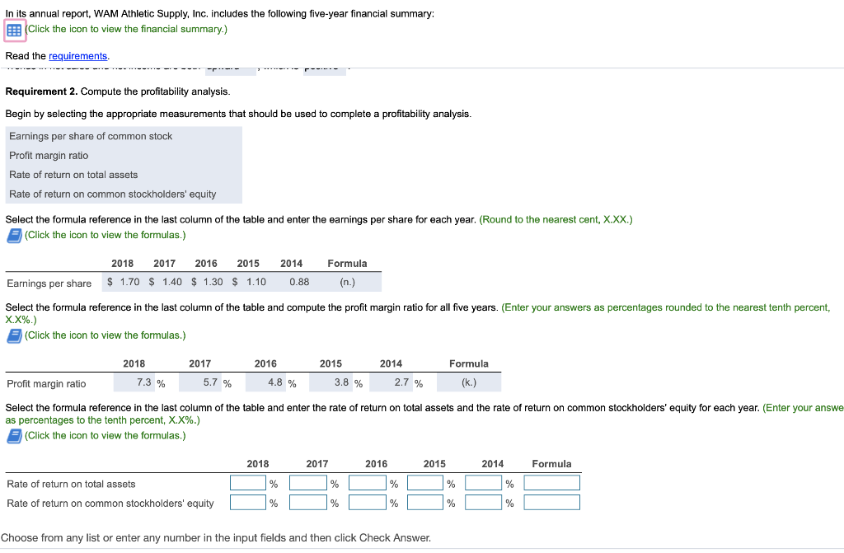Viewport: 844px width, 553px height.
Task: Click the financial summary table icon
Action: [14, 30]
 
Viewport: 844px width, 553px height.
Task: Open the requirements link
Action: [78, 56]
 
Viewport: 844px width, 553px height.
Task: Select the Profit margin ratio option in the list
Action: [49, 156]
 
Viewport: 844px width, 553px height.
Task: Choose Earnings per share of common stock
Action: [91, 136]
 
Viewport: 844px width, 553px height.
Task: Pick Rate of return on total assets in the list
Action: [73, 175]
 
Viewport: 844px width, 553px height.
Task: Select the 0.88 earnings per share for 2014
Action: [299, 283]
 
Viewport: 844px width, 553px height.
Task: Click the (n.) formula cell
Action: [347, 283]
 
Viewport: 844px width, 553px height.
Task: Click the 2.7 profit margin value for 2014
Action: [402, 383]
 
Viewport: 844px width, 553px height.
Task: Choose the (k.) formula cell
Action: [469, 383]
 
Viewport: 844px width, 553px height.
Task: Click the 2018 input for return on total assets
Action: [248, 483]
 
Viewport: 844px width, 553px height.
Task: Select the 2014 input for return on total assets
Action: [483, 483]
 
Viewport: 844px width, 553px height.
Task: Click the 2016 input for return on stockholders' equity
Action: [367, 503]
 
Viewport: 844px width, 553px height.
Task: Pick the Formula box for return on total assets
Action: [551, 483]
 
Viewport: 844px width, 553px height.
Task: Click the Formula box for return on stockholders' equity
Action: [551, 503]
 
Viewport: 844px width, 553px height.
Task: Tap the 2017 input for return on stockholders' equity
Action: [307, 503]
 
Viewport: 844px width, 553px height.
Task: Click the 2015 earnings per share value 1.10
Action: [256, 283]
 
